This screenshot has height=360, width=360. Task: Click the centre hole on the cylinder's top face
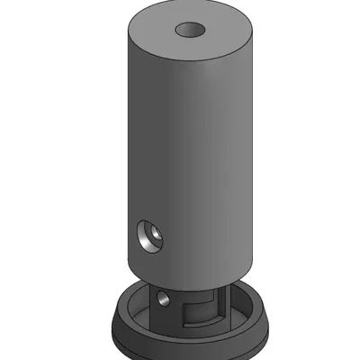tap(191, 30)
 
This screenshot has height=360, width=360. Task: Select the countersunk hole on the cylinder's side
tap(148, 237)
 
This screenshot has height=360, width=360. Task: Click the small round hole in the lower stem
tap(163, 296)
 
